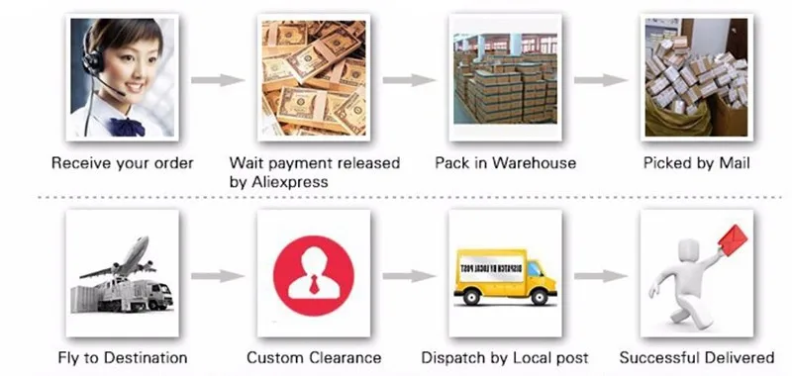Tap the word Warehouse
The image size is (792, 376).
click(535, 163)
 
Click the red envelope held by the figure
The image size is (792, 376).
click(733, 239)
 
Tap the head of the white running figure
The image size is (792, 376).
click(688, 247)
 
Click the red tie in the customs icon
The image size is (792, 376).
click(314, 284)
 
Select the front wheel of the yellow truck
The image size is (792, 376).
click(539, 297)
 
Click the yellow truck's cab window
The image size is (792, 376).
click(535, 269)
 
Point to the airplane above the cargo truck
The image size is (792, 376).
click(120, 258)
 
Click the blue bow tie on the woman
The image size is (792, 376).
click(126, 127)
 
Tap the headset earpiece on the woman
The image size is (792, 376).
click(92, 61)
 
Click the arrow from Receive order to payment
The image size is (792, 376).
click(218, 80)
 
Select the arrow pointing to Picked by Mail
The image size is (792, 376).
click(601, 80)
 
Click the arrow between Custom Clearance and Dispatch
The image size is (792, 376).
click(409, 276)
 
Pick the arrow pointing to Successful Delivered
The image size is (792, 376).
click(601, 276)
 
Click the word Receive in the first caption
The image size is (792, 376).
click(79, 163)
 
